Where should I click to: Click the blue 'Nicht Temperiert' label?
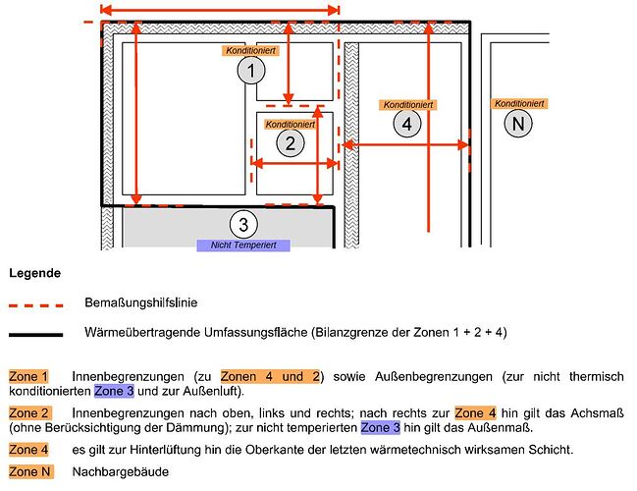(x=243, y=245)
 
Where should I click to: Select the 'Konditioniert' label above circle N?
(x=520, y=103)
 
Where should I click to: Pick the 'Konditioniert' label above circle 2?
(x=290, y=125)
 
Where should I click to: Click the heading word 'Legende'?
(x=35, y=272)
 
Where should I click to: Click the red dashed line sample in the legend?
(x=35, y=305)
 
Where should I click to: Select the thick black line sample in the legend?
(x=35, y=334)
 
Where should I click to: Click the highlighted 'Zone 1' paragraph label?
(x=28, y=376)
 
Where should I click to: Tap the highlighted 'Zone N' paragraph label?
(x=28, y=472)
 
